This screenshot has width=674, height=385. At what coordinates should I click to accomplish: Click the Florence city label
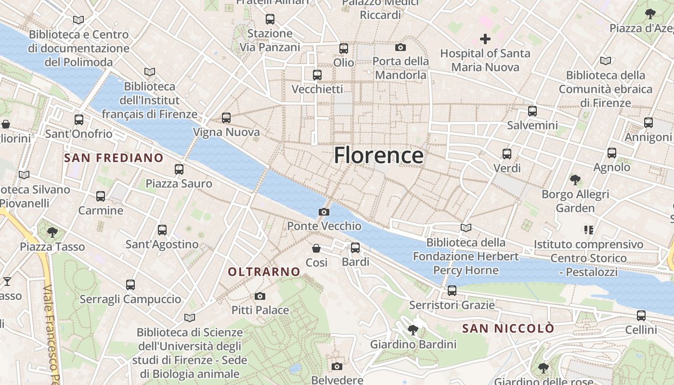(378, 155)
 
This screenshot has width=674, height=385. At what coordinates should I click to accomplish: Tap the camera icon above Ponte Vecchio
(324, 212)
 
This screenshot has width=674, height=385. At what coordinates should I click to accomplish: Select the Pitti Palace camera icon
(260, 296)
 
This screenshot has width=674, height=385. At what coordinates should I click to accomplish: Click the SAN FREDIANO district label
(114, 158)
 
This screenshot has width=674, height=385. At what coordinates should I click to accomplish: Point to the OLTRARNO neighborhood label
(264, 272)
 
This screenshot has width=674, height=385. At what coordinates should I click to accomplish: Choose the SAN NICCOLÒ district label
(508, 329)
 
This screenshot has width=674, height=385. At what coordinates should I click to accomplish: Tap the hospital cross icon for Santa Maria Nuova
(485, 39)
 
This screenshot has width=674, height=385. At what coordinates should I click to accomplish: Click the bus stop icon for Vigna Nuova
(226, 117)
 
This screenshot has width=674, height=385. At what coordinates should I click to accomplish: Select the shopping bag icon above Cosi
(316, 248)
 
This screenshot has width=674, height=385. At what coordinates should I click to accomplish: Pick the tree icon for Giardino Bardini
(413, 330)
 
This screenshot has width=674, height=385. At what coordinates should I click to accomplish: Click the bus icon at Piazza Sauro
(179, 169)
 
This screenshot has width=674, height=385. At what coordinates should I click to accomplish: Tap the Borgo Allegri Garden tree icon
(575, 180)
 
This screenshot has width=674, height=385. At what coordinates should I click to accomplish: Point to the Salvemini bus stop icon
(532, 111)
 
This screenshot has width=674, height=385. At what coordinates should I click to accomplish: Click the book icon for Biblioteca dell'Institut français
(150, 72)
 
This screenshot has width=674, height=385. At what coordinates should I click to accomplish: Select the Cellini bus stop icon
(641, 316)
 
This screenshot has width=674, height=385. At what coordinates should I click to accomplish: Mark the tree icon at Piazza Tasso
(52, 233)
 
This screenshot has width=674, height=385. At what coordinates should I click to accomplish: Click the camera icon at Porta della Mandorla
(400, 47)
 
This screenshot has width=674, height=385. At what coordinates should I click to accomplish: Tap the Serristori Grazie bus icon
(452, 291)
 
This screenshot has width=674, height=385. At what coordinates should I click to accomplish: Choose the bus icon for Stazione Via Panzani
(270, 19)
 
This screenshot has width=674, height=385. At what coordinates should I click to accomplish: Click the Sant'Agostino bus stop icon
(162, 230)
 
